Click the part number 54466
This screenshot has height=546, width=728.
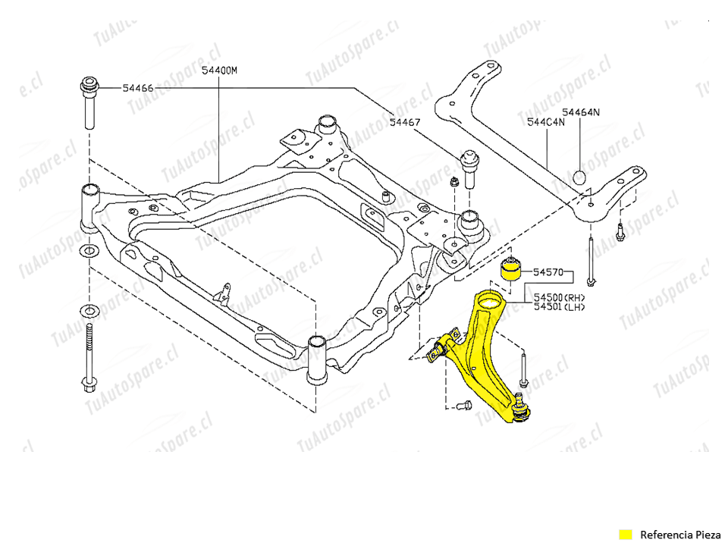(x=138, y=88)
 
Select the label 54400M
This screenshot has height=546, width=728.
(x=219, y=71)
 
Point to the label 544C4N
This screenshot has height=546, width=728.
(x=545, y=121)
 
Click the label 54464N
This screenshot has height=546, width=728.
(x=581, y=112)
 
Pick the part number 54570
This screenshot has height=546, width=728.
(x=548, y=271)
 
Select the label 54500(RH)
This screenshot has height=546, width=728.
(x=560, y=297)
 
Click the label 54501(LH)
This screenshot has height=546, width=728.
(x=560, y=307)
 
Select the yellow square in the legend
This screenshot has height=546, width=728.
(x=625, y=534)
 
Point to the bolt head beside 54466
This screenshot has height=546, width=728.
(x=89, y=84)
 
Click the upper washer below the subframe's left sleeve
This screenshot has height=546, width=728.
(x=89, y=250)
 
